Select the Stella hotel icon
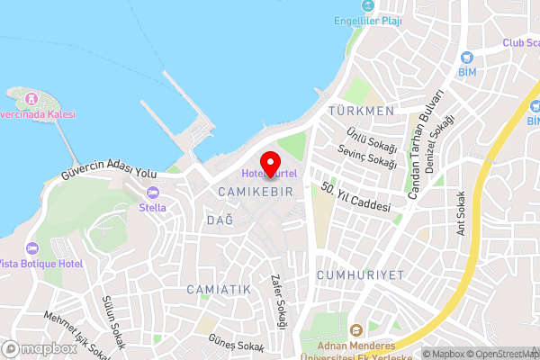tap(152, 192)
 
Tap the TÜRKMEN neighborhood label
tap(362, 111)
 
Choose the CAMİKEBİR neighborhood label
tap(255, 193)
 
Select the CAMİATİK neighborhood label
tap(219, 289)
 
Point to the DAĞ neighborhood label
tap(214, 220)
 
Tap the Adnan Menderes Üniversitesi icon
tap(355, 329)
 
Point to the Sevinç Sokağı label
tap(370, 156)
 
